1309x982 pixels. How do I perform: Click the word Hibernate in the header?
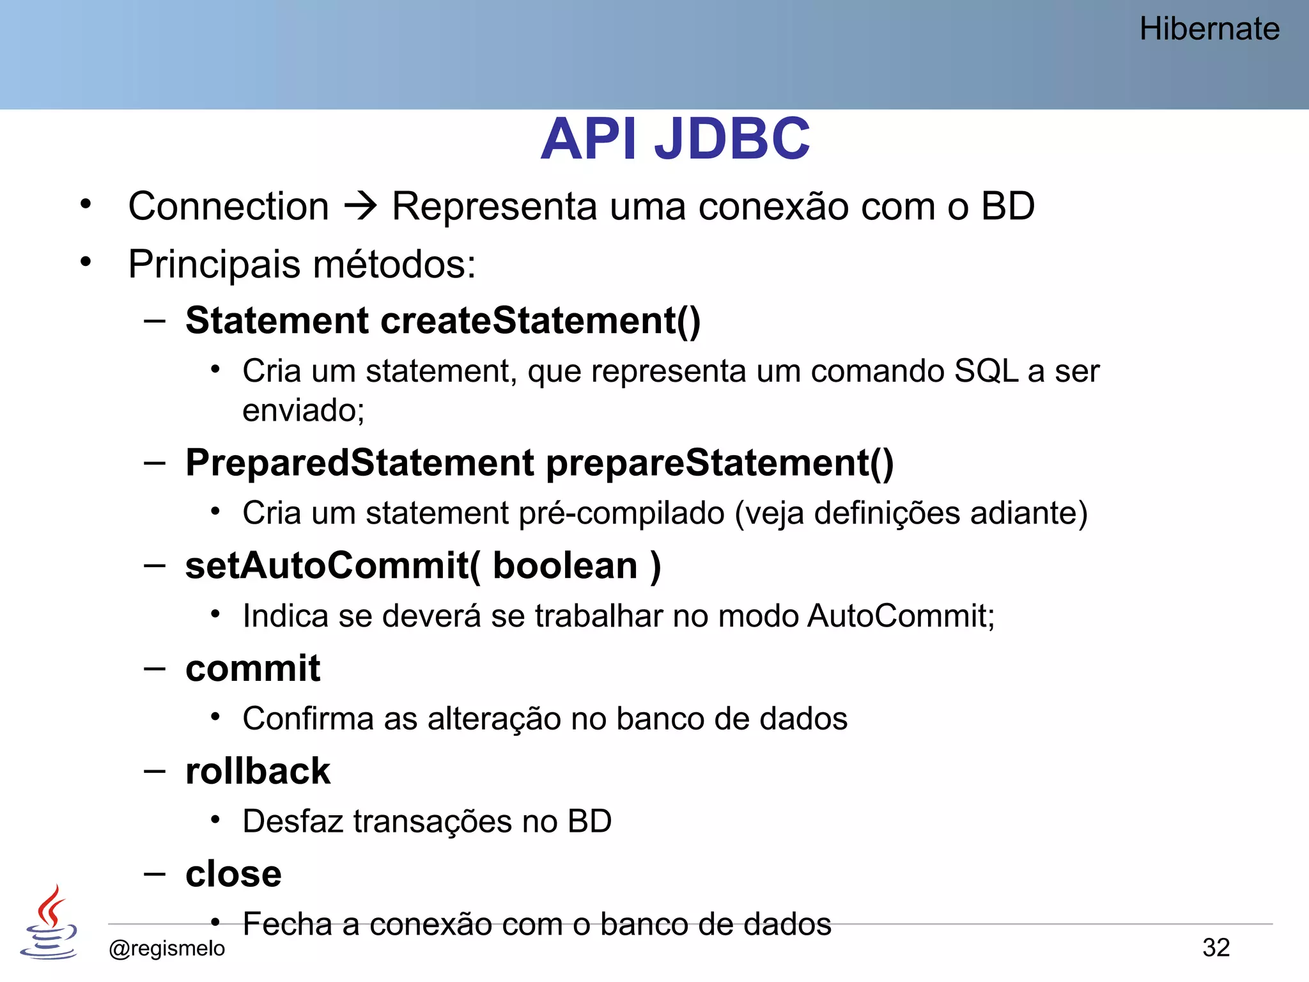tap(1209, 29)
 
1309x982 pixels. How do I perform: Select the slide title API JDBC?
tap(675, 139)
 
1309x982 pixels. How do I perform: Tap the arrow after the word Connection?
tap(361, 207)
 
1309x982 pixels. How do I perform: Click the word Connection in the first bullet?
tap(228, 207)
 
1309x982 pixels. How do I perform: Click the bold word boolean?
tap(565, 566)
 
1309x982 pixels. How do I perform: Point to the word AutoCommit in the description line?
tap(900, 616)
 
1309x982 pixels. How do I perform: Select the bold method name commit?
tap(252, 669)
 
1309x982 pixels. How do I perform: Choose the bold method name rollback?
tap(258, 771)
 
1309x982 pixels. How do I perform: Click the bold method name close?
tap(233, 874)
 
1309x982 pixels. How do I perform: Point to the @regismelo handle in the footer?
tap(167, 948)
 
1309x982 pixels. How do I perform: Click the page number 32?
tap(1216, 947)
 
